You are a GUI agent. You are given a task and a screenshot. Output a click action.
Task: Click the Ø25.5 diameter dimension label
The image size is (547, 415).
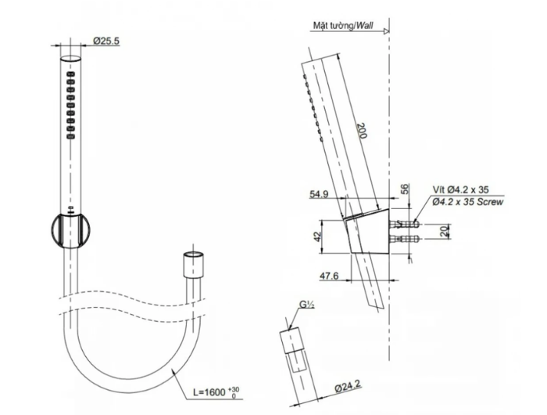[x=106, y=41]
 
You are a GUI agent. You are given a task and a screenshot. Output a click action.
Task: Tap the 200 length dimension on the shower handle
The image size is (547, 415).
[x=363, y=131]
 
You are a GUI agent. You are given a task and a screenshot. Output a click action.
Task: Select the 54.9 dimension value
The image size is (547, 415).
[x=319, y=194]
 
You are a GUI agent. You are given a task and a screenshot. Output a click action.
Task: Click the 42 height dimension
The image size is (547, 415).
[x=317, y=236]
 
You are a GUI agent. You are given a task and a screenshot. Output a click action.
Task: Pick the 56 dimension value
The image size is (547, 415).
[x=404, y=189]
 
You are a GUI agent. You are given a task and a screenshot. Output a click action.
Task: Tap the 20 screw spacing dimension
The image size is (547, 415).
[x=444, y=231]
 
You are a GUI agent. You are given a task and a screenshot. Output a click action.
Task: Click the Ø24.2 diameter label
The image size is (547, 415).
[x=348, y=386]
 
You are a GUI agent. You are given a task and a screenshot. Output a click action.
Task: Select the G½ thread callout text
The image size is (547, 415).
[x=307, y=305]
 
